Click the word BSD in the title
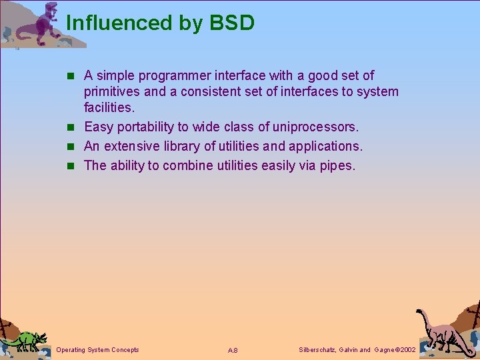pyautogui.click(x=232, y=23)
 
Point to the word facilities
pyautogui.click(x=109, y=107)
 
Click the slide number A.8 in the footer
pyautogui.click(x=233, y=351)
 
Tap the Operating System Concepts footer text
pyautogui.click(x=98, y=350)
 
